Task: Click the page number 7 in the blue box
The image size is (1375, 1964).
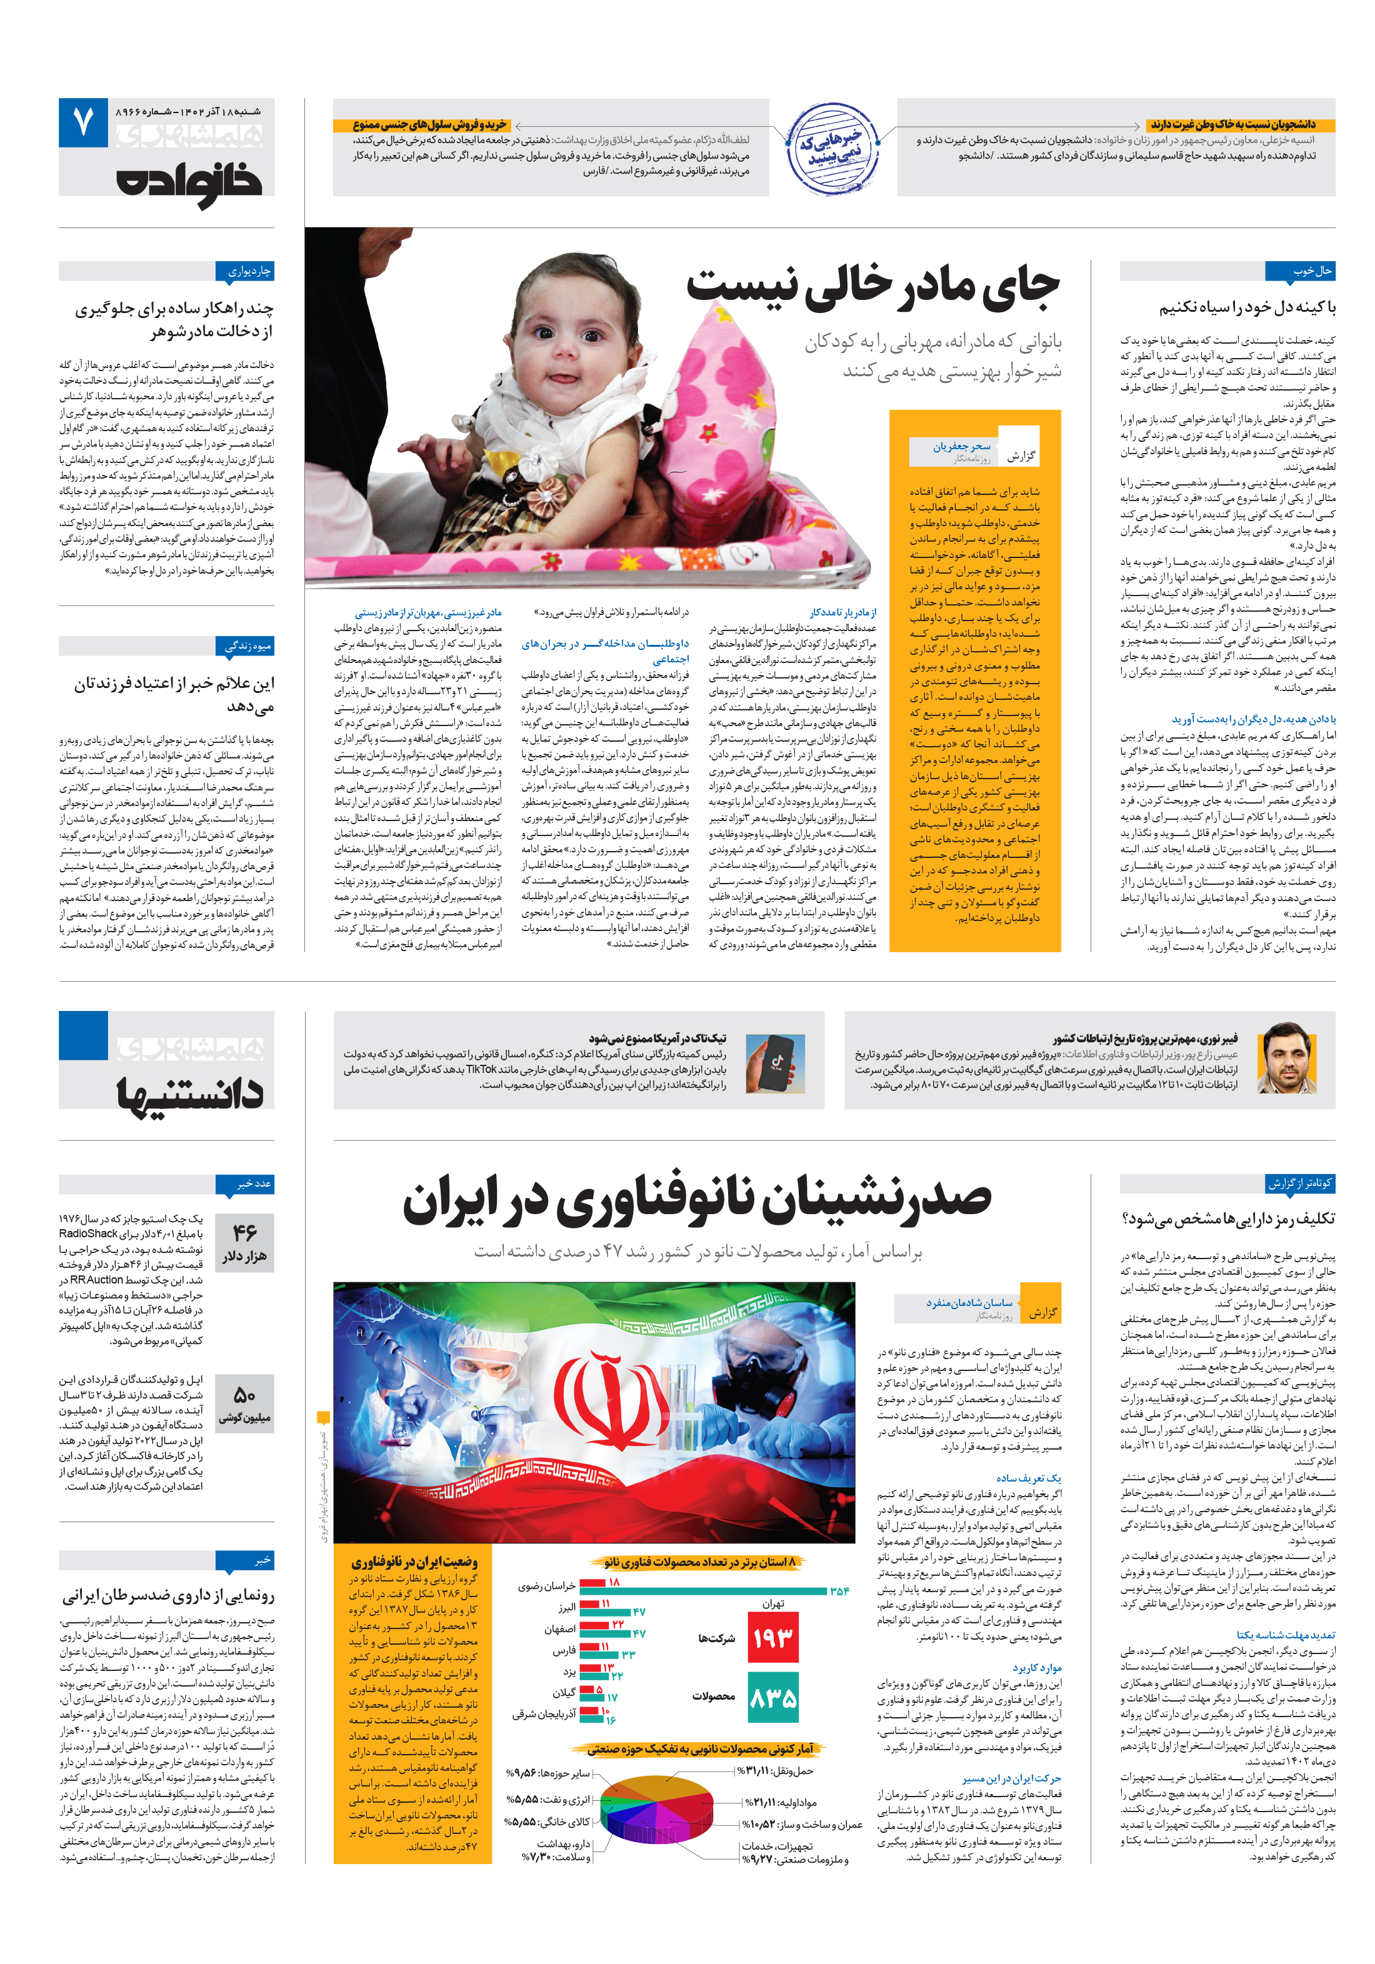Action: coord(83,122)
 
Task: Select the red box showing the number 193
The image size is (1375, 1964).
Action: coord(772,1638)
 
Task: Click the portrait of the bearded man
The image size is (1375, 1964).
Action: coord(1284,1057)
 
